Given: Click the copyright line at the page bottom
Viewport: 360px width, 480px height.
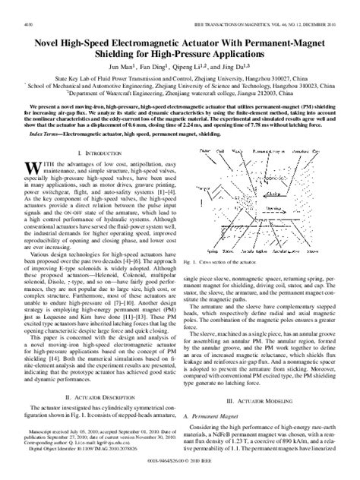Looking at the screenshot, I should pyautogui.click(x=179, y=472).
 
